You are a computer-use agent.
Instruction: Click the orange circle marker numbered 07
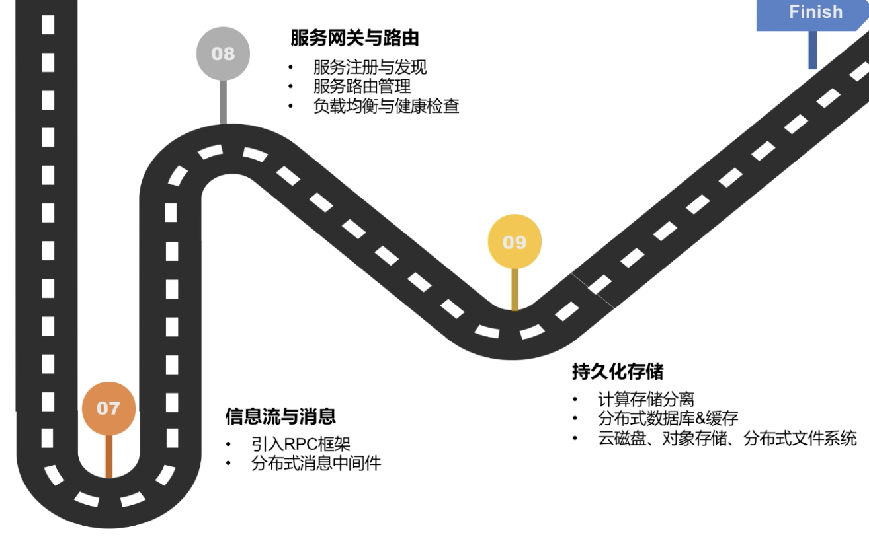click(108, 408)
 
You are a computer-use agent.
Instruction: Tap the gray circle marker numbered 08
click(223, 54)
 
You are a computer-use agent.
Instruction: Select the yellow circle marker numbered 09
click(515, 242)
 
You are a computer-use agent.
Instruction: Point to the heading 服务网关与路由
click(354, 38)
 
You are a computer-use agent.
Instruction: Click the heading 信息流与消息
click(280, 416)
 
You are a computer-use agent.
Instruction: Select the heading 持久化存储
click(618, 372)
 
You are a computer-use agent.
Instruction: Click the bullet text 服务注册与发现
click(370, 67)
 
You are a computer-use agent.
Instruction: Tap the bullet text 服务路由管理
click(362, 87)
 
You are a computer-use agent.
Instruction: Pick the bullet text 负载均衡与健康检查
click(386, 106)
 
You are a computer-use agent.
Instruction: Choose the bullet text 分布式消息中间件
click(316, 463)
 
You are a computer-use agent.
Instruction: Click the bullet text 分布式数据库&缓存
click(668, 418)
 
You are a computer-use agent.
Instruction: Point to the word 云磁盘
click(621, 438)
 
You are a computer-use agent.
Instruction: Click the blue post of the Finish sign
click(812, 50)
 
